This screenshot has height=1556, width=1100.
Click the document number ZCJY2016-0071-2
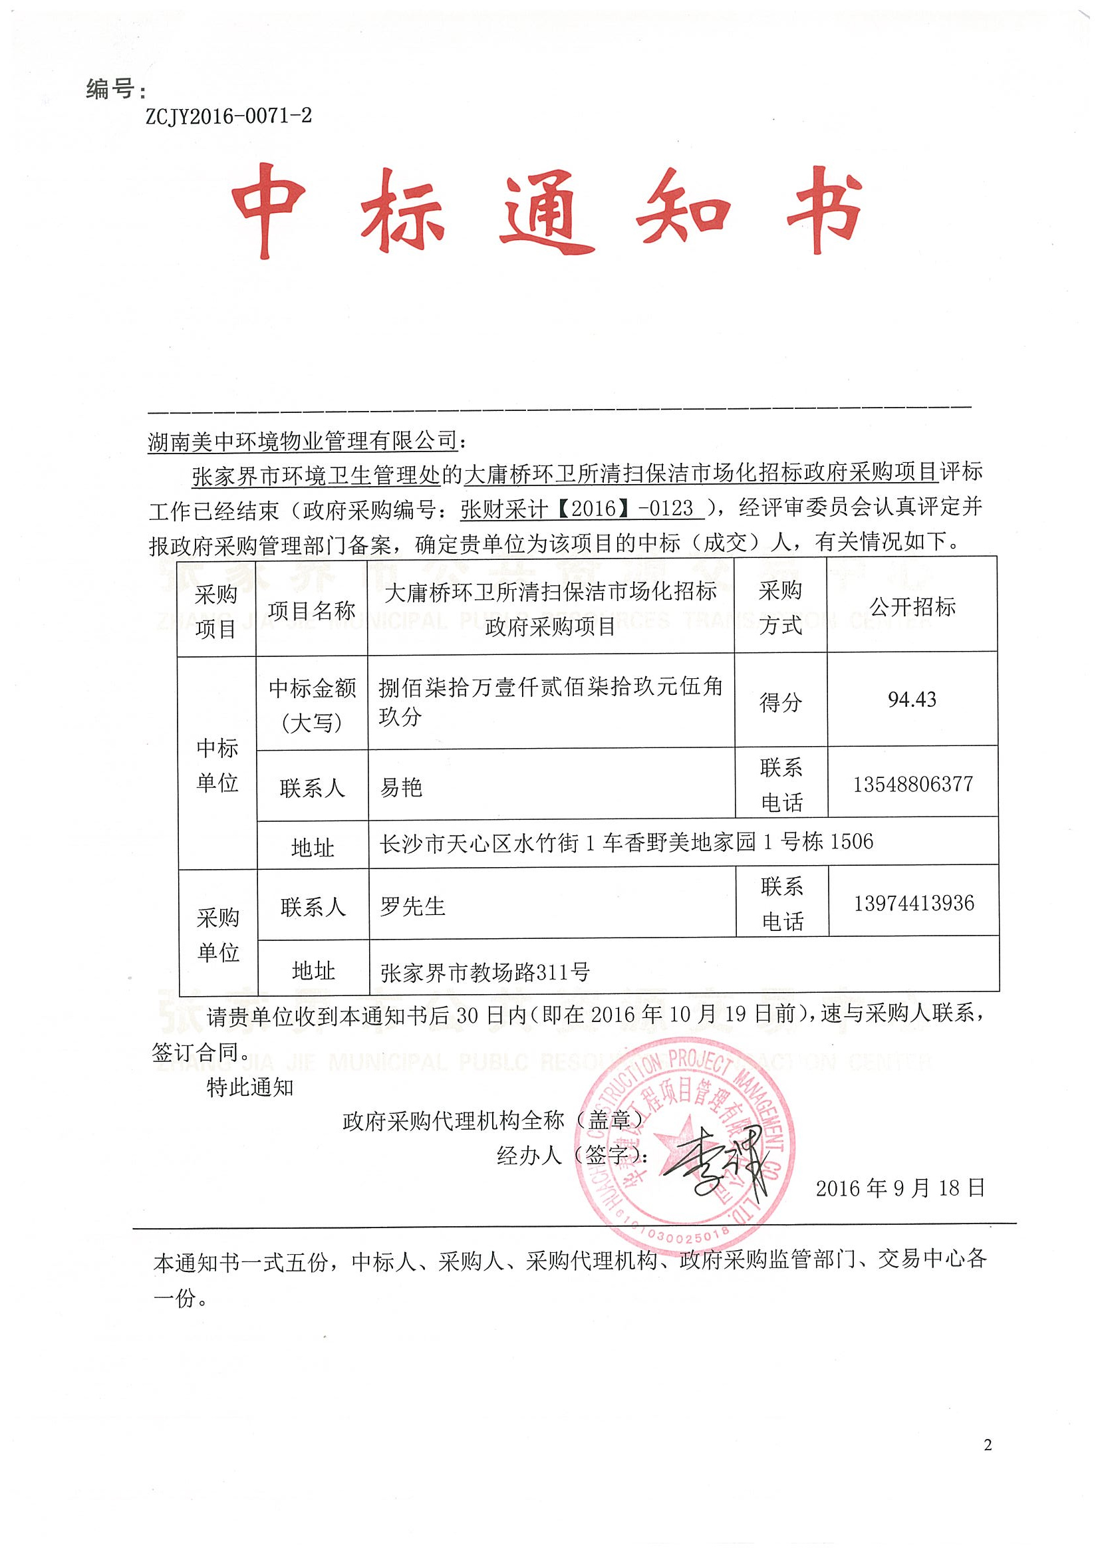pyautogui.click(x=228, y=116)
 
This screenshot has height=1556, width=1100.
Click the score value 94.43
pyautogui.click(x=912, y=700)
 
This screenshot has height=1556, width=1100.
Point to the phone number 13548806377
pyautogui.click(x=912, y=784)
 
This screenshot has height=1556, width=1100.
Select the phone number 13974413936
pyautogui.click(x=914, y=903)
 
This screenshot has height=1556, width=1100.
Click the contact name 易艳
pyautogui.click(x=400, y=787)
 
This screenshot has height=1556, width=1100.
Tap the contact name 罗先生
pyautogui.click(x=412, y=906)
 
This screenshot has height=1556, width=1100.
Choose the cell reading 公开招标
pyautogui.click(x=912, y=606)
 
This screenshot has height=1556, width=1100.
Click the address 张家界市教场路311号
pyautogui.click(x=485, y=972)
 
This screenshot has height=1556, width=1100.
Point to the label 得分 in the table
pyautogui.click(x=780, y=702)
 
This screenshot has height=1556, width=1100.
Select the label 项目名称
pyautogui.click(x=311, y=610)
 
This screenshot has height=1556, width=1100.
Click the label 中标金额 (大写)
pyautogui.click(x=312, y=706)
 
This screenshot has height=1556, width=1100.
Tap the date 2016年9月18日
pyautogui.click(x=899, y=1188)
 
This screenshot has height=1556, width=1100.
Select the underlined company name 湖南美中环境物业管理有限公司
pyautogui.click(x=303, y=441)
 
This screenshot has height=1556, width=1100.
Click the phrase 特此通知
pyautogui.click(x=250, y=1087)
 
